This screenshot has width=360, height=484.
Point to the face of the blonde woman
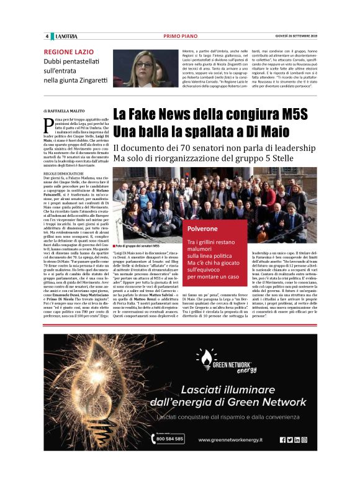click(x=143, y=63)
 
